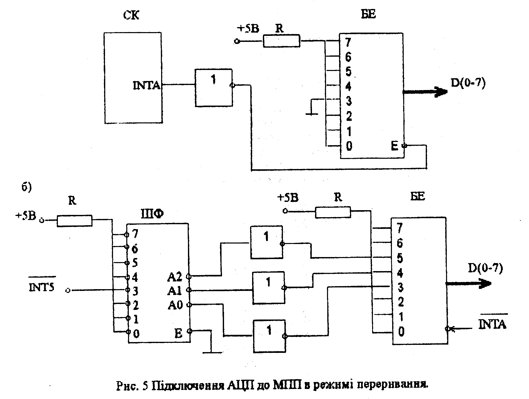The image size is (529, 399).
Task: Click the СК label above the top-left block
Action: [x=131, y=16]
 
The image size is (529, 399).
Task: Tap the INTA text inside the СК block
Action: [x=146, y=86]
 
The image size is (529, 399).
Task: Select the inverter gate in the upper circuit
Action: [x=214, y=88]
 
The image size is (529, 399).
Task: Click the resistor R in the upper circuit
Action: [x=281, y=41]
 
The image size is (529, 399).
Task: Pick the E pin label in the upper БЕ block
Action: [x=394, y=146]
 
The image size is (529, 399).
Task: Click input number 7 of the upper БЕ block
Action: [x=348, y=42]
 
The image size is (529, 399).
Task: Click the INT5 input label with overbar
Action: [x=42, y=287]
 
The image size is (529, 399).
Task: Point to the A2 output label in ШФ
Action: [x=175, y=277]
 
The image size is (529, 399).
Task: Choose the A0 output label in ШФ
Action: [x=175, y=305]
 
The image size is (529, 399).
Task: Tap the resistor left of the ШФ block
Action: [x=74, y=221]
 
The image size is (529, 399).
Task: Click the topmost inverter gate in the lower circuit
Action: [x=267, y=242]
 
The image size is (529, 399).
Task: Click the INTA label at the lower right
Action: [x=492, y=324]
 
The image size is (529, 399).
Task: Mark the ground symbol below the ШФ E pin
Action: [x=212, y=352]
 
